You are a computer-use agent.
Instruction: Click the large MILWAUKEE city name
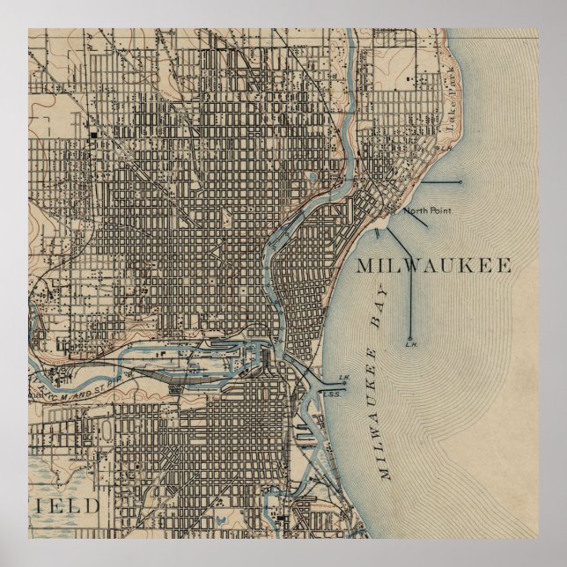point(434,266)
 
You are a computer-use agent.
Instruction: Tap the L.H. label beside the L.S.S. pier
point(344,378)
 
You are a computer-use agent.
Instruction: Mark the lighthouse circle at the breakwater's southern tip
point(410,337)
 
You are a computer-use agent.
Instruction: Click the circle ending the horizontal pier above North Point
point(460,182)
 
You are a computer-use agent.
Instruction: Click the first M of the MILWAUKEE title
point(367,266)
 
